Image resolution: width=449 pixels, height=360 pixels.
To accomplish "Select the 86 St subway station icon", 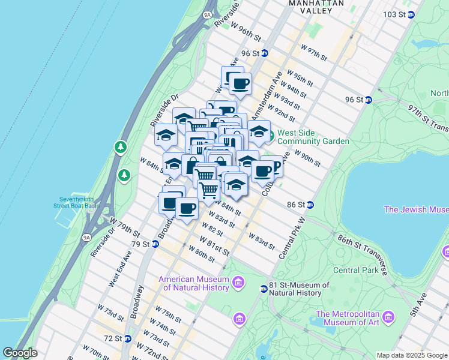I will click(x=310, y=205).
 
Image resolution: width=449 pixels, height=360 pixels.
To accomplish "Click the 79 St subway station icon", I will click(x=155, y=244).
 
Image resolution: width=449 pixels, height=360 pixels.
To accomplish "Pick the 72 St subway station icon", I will click(x=127, y=338).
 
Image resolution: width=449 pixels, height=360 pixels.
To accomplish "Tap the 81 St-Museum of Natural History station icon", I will click(x=264, y=289).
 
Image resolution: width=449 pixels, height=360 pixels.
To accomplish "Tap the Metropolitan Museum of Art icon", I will click(x=388, y=316).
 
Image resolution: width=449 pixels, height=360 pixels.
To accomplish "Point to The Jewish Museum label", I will click(x=415, y=209).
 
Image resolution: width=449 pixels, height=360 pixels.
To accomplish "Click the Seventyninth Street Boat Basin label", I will click(x=79, y=202).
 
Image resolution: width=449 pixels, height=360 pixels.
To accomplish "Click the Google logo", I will click(x=20, y=353).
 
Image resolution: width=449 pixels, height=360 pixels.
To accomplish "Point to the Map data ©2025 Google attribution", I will click(x=412, y=355).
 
